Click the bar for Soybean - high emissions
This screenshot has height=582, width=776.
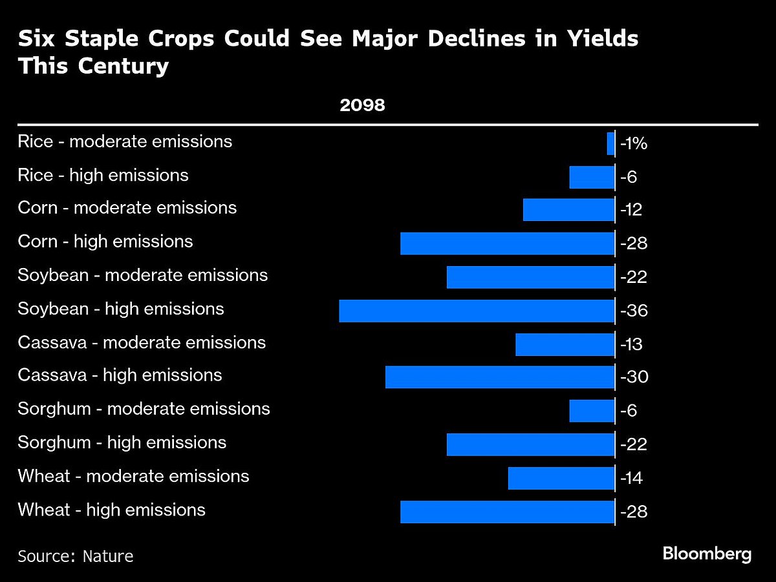tap(477, 311)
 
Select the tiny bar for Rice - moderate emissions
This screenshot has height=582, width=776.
tap(610, 143)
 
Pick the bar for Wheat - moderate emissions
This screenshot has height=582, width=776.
tap(561, 479)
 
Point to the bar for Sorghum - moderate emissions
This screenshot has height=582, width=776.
tap(592, 411)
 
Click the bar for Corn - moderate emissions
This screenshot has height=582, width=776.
tap(568, 210)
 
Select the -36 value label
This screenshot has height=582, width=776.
tap(634, 311)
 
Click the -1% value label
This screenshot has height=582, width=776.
tap(634, 144)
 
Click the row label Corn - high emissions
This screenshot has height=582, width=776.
tap(105, 242)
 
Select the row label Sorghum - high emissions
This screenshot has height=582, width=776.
tap(122, 442)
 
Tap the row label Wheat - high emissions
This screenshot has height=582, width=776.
tap(112, 510)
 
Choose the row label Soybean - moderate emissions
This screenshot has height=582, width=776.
tap(143, 275)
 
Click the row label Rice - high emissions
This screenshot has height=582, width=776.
tap(103, 175)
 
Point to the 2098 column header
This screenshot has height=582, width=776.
tap(363, 105)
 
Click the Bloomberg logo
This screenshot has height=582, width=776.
tap(707, 554)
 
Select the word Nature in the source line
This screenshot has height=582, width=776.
tap(108, 556)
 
